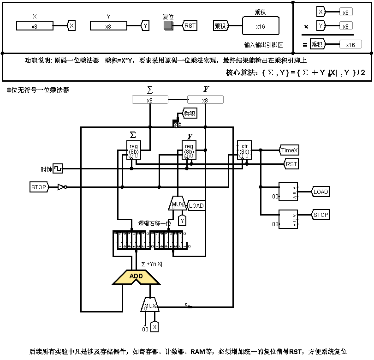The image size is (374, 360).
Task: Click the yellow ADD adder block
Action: [x=136, y=276]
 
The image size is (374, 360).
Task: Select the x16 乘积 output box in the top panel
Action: [x=261, y=26]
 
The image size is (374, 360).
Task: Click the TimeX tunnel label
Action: [x=290, y=150]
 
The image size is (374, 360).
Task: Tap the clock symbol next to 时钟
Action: [x=57, y=169]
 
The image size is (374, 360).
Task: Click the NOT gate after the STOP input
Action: [x=62, y=187]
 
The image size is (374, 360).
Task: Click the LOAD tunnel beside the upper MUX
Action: [x=196, y=205]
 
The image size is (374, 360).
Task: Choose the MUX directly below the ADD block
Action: [x=150, y=306]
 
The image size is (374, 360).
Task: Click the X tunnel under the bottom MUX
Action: [x=155, y=327]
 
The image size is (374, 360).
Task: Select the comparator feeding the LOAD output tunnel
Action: [x=289, y=191]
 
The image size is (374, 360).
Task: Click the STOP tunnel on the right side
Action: [x=321, y=215]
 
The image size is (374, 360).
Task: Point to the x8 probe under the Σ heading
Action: [x=150, y=100]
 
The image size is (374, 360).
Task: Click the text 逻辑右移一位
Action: [x=155, y=223]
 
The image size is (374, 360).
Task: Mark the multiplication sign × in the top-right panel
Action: [x=306, y=27]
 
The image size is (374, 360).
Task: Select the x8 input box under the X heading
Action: [x=35, y=26]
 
